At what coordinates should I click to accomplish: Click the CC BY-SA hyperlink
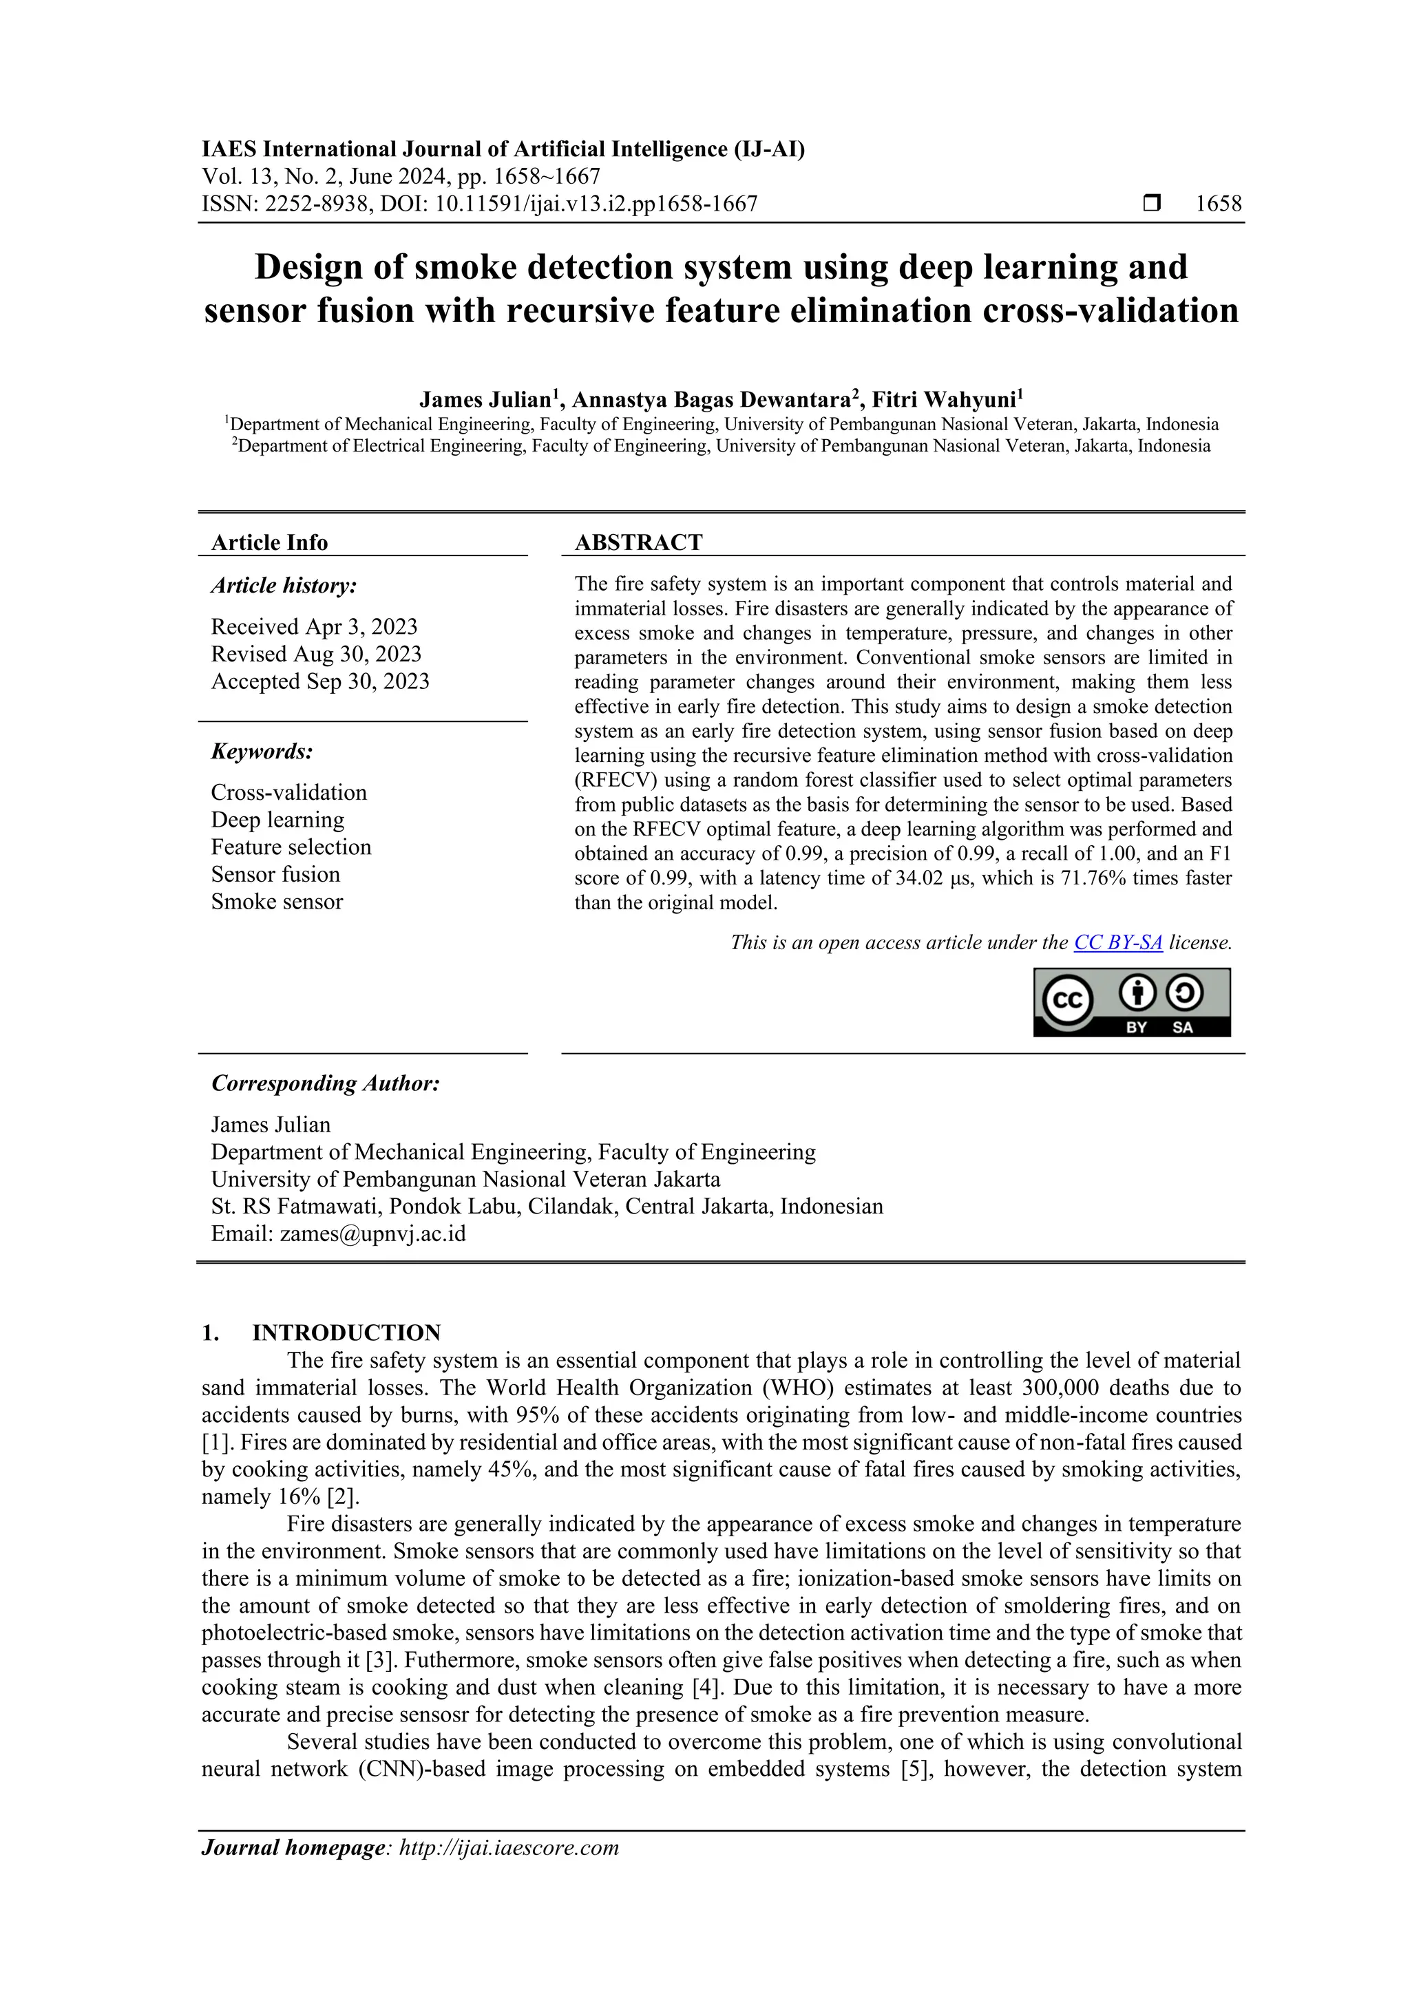(1117, 942)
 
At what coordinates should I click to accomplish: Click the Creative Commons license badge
(1131, 1002)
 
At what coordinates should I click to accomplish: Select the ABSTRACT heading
(638, 543)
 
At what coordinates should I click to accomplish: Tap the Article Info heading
(269, 543)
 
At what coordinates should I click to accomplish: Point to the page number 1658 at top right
(1218, 204)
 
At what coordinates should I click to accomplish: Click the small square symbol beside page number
(1152, 204)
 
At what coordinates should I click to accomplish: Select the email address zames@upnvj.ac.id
(372, 1233)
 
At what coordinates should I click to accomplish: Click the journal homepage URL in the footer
(508, 1847)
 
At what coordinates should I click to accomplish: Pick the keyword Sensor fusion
(275, 875)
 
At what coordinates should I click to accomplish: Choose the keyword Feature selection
(291, 847)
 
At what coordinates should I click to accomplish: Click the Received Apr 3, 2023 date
(315, 627)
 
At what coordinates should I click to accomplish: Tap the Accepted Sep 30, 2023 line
(319, 681)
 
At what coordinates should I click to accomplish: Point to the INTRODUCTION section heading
(346, 1333)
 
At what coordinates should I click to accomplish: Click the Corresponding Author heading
(325, 1084)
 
